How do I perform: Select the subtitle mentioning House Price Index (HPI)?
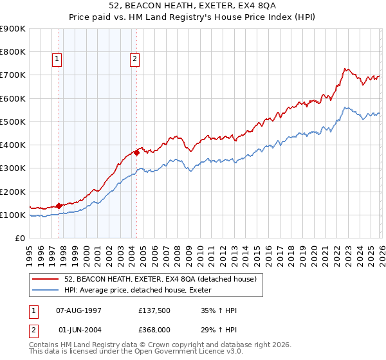click(x=193, y=17)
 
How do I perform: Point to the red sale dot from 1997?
click(x=59, y=206)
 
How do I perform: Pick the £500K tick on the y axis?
click(x=13, y=122)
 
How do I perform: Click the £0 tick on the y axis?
click(x=19, y=238)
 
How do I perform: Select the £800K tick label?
click(x=13, y=52)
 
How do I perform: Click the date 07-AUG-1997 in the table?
click(x=78, y=310)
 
